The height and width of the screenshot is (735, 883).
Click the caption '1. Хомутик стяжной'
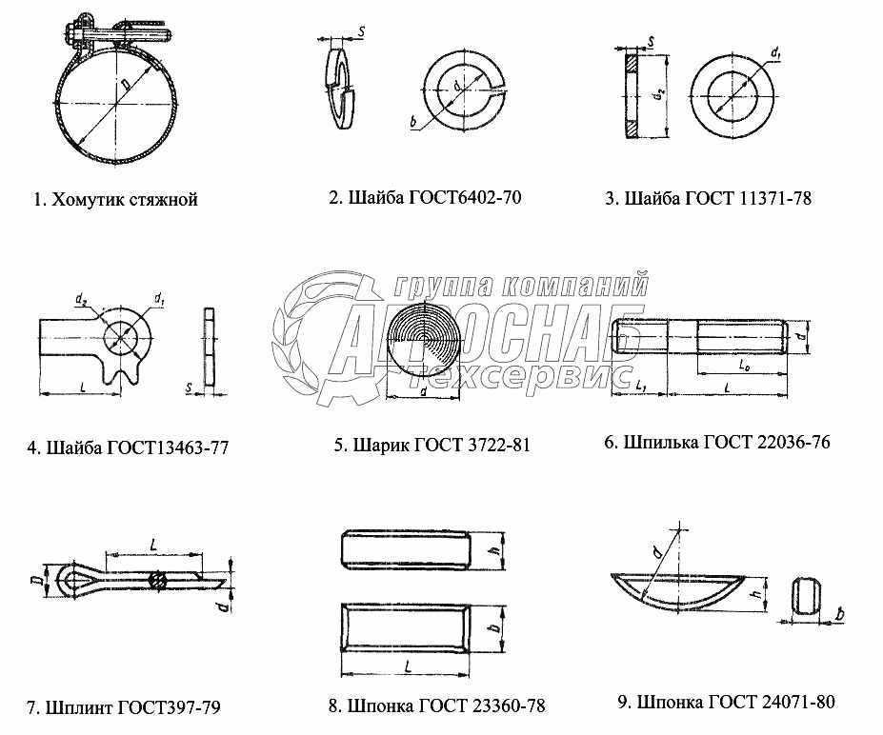pyautogui.click(x=116, y=200)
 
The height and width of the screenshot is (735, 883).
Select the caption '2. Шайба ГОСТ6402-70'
pyautogui.click(x=425, y=197)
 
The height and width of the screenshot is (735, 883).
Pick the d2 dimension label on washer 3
pyautogui.click(x=661, y=94)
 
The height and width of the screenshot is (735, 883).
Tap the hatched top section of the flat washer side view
pyautogui.click(x=632, y=61)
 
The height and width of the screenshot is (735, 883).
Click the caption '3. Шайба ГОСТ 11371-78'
pyautogui.click(x=709, y=198)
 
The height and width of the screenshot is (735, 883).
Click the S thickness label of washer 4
pyautogui.click(x=190, y=387)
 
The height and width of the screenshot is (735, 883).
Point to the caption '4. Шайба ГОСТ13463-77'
pyautogui.click(x=128, y=447)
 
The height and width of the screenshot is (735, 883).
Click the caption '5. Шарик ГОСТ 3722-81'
pyautogui.click(x=431, y=446)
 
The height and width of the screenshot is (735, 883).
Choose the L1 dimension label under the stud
pyautogui.click(x=641, y=387)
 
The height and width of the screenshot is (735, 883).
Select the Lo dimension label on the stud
pyautogui.click(x=744, y=364)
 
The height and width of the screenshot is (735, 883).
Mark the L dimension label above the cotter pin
pyautogui.click(x=153, y=545)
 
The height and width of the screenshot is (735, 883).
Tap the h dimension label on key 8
pyautogui.click(x=496, y=551)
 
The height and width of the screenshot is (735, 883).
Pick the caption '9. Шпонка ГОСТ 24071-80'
pyautogui.click(x=727, y=702)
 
